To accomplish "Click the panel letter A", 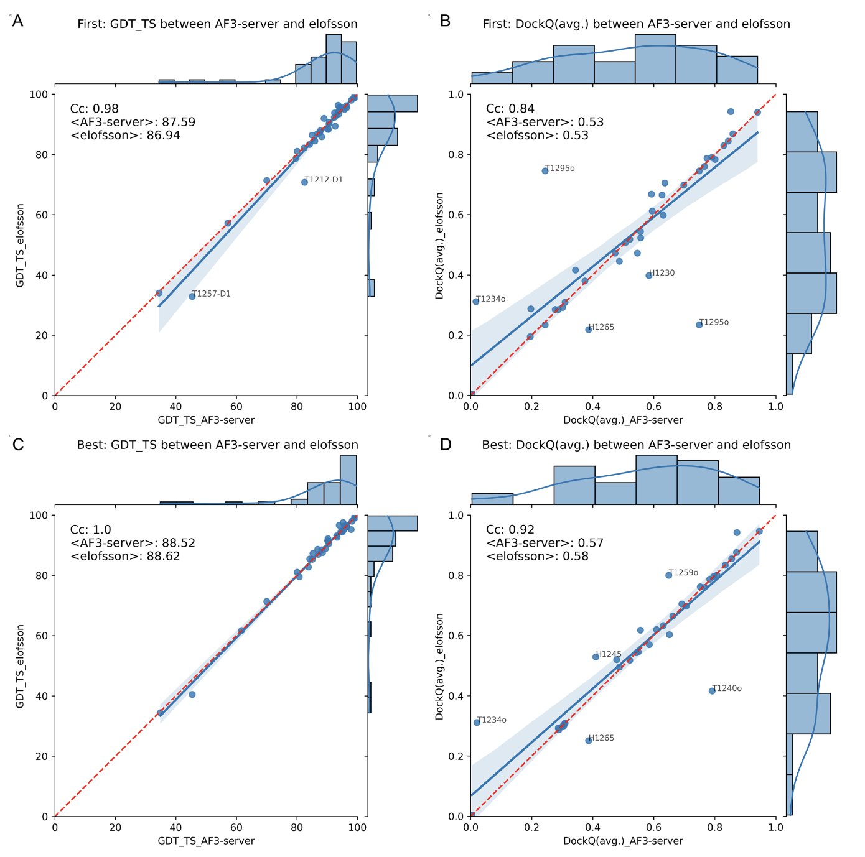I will (x=18, y=21).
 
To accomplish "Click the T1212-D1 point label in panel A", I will (x=324, y=180).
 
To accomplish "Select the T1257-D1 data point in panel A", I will (x=192, y=296).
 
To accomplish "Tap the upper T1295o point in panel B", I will (x=545, y=170).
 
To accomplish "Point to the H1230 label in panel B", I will (x=662, y=273).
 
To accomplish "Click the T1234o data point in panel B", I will (x=476, y=302).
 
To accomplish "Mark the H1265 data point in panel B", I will (x=589, y=329).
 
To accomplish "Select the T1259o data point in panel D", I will (x=669, y=575).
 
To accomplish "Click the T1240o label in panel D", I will (x=727, y=688).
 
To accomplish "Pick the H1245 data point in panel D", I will (x=596, y=657).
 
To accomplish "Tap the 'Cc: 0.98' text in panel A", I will (x=94, y=109).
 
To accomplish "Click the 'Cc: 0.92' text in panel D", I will (x=510, y=530).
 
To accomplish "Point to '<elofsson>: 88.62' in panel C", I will (x=125, y=556).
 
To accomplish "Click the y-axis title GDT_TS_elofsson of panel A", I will (x=20, y=245).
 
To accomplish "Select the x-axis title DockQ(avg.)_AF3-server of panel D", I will (x=623, y=841).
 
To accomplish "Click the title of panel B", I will (x=636, y=24).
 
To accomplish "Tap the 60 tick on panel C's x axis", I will (x=236, y=827).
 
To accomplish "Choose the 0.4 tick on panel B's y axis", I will (x=456, y=275).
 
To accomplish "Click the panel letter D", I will (x=446, y=445).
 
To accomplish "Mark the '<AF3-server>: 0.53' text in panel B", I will (x=545, y=122).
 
